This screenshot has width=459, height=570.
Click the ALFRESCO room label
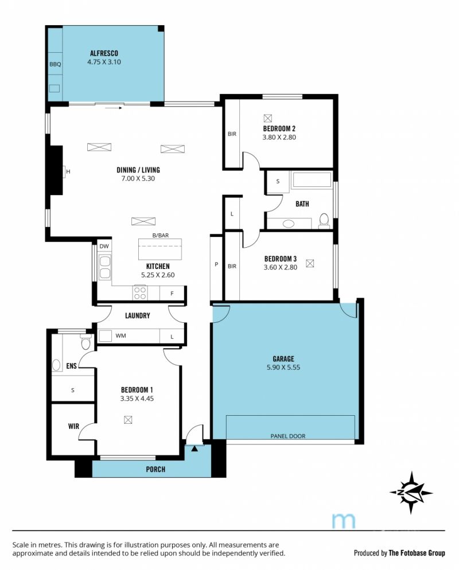104,53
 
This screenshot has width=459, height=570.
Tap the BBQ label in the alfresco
55,64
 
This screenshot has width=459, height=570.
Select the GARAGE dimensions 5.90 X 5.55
283,367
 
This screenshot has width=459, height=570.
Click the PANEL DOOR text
287,436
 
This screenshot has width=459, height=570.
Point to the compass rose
411,493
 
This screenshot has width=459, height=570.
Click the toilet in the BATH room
324,221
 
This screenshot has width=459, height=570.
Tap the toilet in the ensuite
86,342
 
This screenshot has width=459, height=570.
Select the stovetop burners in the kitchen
140,292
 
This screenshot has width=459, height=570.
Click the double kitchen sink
105,267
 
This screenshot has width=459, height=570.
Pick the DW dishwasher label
104,246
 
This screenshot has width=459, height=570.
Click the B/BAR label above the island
161,235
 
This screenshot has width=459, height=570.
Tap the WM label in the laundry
120,335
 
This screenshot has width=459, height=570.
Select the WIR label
73,426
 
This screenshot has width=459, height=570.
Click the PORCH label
155,469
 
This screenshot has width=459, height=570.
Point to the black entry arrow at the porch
195,448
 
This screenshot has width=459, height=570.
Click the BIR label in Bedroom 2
232,134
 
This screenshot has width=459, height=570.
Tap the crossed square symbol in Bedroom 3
310,263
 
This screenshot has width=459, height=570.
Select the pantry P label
216,264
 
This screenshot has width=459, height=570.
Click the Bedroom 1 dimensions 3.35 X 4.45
137,399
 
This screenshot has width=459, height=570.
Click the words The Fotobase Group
417,553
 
